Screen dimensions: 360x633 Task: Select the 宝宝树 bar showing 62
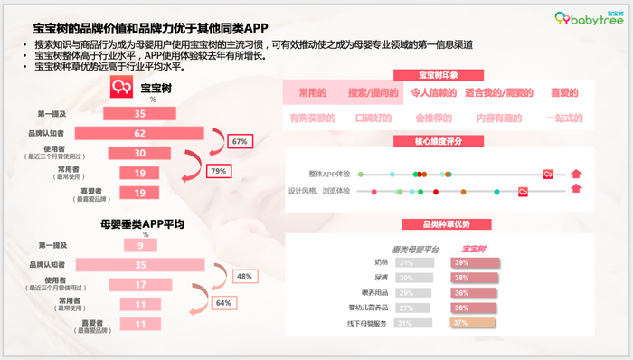139,133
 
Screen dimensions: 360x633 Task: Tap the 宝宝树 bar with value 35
139,113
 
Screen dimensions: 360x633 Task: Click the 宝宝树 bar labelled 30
139,153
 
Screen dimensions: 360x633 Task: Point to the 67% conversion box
240,142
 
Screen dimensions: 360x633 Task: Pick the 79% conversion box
218,171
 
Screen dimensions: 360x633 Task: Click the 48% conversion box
244,276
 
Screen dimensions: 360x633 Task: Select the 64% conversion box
221,303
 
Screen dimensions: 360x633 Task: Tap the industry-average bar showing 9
139,244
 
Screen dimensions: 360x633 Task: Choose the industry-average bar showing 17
139,284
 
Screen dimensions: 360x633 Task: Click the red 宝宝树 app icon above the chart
121,87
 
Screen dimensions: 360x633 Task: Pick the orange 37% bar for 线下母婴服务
476,323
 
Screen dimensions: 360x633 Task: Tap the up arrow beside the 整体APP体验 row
575,173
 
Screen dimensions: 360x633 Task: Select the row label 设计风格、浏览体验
319,191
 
